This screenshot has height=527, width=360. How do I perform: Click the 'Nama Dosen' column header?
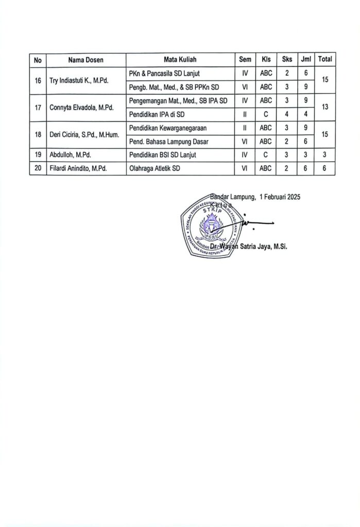point(85,60)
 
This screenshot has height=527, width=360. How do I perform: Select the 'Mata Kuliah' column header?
point(180,60)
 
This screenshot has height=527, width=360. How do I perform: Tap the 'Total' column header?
point(325,60)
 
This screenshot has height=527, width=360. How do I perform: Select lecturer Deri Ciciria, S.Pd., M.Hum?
point(84,134)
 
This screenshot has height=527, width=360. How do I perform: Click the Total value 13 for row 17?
point(325,108)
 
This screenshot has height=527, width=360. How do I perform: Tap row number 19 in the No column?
point(38,155)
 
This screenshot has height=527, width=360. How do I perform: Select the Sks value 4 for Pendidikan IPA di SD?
point(287,114)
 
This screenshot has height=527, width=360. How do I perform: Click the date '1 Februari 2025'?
point(280,196)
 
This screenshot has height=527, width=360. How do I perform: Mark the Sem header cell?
point(245,60)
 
